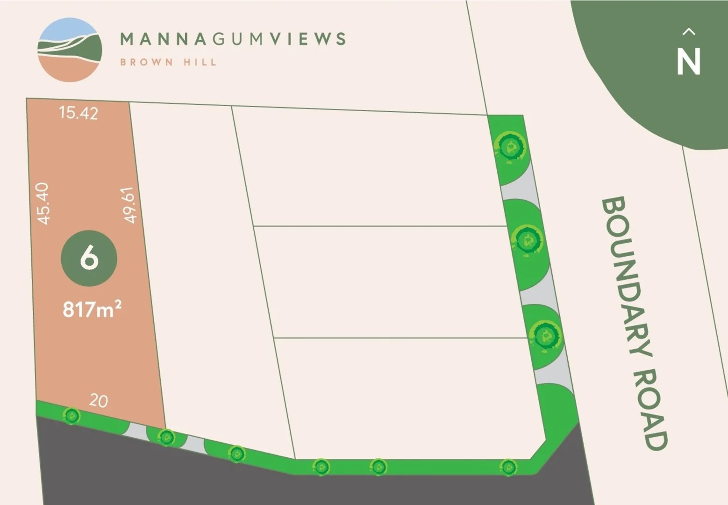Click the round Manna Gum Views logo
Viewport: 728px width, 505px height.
(x=70, y=50)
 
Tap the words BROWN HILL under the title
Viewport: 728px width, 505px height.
(x=168, y=62)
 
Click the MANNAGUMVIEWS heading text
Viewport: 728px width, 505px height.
(x=233, y=39)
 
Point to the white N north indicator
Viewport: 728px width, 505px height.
(x=689, y=61)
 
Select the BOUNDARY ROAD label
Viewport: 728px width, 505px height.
(x=634, y=323)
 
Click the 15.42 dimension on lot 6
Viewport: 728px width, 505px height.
(x=79, y=113)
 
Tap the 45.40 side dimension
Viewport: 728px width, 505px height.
(x=43, y=203)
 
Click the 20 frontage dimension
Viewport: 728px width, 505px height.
(x=98, y=401)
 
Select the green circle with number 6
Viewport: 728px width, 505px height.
(x=89, y=258)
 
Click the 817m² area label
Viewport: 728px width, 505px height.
(x=92, y=309)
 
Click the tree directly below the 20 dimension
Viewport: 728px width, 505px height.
(x=71, y=415)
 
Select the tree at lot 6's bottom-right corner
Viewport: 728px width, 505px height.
(x=166, y=437)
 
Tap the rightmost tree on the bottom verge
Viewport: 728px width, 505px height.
(x=508, y=466)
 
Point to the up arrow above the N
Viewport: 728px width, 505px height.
(x=689, y=32)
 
